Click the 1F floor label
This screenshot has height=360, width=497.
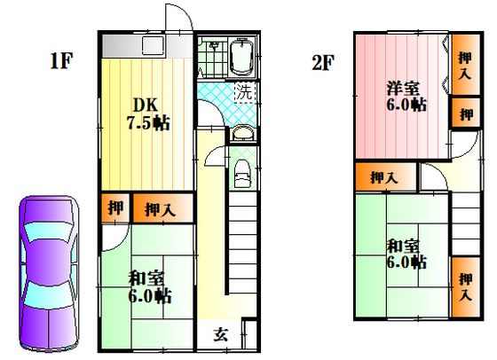point(61,61)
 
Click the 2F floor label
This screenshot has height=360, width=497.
point(323,62)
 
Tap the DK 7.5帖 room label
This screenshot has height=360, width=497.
point(148,114)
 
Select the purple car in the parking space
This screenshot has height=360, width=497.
point(48,272)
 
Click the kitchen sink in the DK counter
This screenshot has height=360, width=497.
point(153,45)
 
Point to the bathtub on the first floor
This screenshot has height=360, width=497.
point(241,57)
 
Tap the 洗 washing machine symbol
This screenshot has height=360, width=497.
point(245,92)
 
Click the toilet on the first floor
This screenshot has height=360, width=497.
point(242,175)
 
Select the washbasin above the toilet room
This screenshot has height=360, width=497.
point(242,134)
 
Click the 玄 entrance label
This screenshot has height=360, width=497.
point(221,334)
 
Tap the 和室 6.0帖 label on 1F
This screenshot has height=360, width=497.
point(149,288)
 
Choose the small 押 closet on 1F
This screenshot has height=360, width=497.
point(115,208)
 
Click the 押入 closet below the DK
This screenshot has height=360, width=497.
point(162,208)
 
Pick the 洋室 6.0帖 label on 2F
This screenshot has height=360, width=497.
point(406,97)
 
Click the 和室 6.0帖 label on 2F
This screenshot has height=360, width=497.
point(406,254)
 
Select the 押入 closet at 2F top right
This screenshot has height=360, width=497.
point(466,65)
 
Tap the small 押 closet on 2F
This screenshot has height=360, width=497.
point(466,113)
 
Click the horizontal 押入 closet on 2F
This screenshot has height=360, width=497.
point(385,177)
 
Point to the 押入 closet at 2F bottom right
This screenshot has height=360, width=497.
point(466,287)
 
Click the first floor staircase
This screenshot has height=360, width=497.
point(243,244)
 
